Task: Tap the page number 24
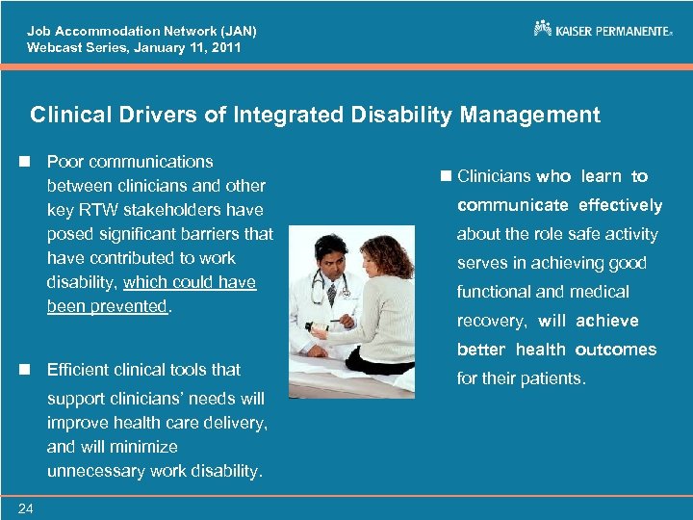coord(24,508)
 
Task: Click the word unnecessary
coord(102,471)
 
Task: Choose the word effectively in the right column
coord(620,205)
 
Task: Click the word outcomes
coord(616,350)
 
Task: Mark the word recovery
coord(492,321)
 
